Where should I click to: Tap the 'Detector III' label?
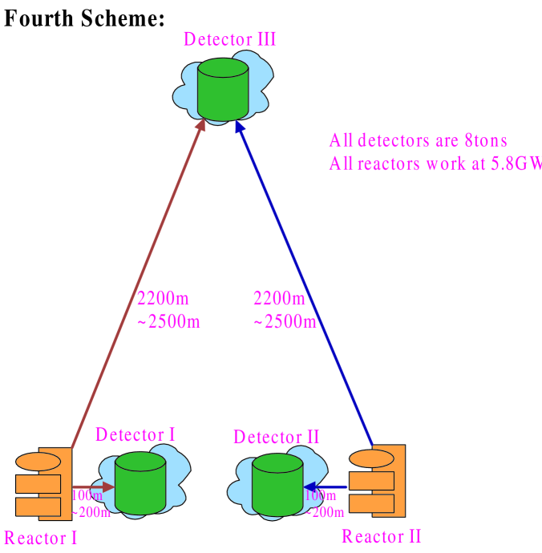(230, 38)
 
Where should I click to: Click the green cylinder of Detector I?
(140, 484)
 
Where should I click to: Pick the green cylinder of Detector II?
(277, 486)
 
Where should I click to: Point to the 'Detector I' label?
(135, 434)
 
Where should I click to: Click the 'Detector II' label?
(277, 437)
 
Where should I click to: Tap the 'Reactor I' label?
(41, 538)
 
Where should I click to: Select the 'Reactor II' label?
(382, 536)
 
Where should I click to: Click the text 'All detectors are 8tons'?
(419, 141)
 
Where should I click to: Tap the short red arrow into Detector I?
(92, 486)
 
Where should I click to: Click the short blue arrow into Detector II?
(327, 486)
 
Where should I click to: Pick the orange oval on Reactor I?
(38, 462)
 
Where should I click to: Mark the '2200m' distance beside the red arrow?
(164, 299)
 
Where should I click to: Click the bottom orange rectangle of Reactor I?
(38, 507)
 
